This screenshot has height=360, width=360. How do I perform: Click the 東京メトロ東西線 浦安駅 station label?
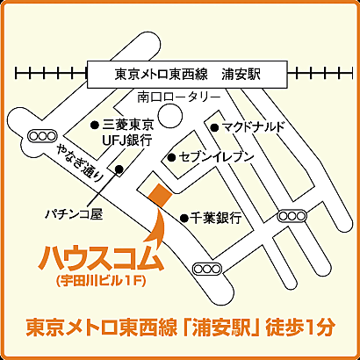tap(190, 75)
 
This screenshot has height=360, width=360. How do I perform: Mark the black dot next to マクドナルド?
tap(212, 127)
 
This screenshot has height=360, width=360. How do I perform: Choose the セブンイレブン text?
tap(216, 156)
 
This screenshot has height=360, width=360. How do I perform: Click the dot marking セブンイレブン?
tap(172, 157)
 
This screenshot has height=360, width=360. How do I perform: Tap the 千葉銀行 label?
tap(215, 217)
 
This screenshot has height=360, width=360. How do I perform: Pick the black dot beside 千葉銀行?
tap(184, 217)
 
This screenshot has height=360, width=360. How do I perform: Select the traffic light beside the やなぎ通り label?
tap(40, 135)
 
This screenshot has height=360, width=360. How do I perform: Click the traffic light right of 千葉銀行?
tap(289, 215)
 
